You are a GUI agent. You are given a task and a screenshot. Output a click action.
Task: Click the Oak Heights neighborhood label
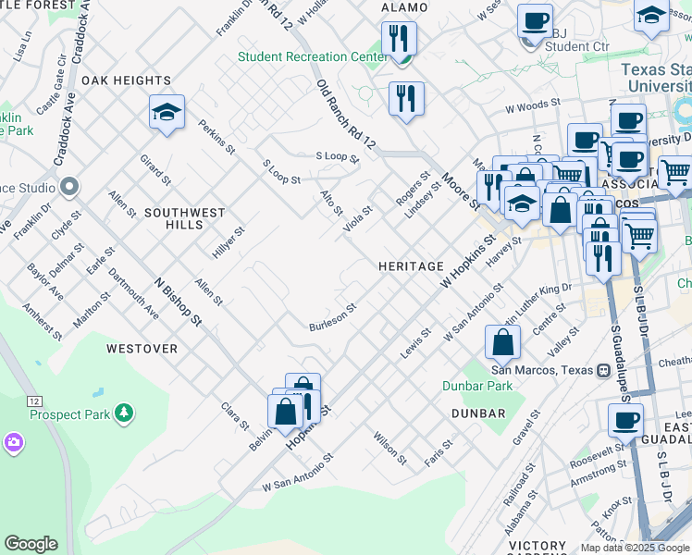pos(127,80)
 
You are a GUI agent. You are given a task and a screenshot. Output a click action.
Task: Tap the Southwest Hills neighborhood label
pos(184,218)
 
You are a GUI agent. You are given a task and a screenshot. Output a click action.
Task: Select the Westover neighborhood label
pos(142,349)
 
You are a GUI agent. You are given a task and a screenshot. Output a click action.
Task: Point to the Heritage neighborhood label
pos(411,266)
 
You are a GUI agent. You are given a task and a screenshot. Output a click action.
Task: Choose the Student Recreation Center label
pos(312,56)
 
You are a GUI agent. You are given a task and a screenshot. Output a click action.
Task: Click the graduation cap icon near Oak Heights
pos(167,113)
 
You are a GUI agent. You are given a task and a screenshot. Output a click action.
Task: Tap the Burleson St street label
pos(333,317)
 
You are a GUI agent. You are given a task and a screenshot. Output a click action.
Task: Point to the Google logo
pos(31,544)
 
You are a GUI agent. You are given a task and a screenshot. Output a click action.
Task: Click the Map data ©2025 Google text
pos(635,548)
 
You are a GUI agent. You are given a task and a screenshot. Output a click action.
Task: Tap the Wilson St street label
pos(389,447)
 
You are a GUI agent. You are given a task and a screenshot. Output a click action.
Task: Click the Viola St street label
pos(357,218)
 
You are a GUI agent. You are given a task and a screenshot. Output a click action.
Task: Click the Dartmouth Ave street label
pos(133,293)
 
